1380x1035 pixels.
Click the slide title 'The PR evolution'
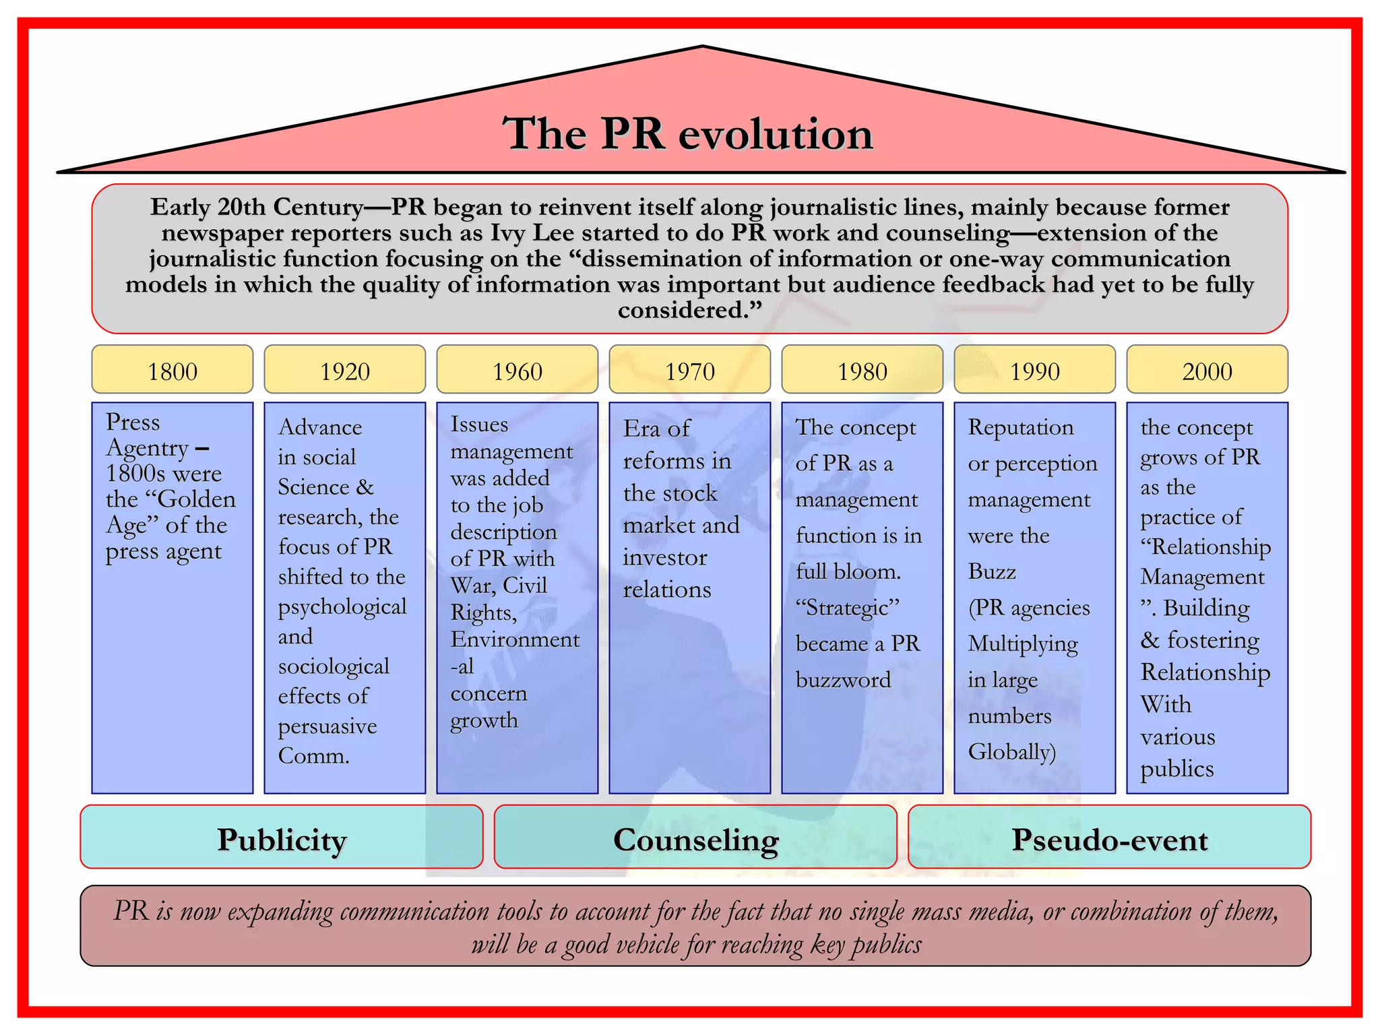point(688,133)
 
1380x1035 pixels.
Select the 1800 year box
point(172,370)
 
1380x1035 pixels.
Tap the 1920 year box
point(345,370)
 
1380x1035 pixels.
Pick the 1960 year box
point(517,370)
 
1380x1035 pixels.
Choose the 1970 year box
point(690,370)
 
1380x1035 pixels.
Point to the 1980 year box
point(862,370)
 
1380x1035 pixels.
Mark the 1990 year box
point(1035,370)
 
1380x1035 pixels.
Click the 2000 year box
point(1207,370)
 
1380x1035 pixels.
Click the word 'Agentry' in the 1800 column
point(148,448)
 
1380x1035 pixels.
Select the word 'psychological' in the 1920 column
point(342,607)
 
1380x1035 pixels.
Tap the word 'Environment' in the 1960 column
point(515,639)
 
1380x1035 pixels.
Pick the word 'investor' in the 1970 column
point(665,558)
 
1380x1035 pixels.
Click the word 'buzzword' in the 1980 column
point(843,680)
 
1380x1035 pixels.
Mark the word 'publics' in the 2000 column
point(1177,769)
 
